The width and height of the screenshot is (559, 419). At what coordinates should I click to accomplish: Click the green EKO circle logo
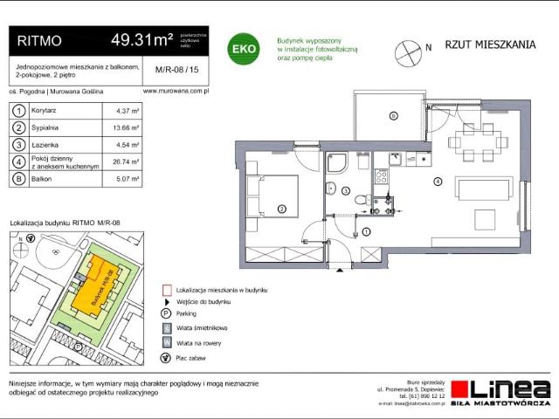point(243,50)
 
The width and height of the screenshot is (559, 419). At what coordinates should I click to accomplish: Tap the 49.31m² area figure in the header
point(139,39)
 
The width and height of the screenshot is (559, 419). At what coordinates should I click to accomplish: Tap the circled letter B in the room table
point(17,180)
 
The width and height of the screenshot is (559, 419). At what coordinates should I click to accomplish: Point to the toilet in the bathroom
point(361,201)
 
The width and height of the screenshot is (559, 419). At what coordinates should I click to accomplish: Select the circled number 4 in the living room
point(437,182)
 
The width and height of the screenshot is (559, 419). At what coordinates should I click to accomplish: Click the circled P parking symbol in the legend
point(165,313)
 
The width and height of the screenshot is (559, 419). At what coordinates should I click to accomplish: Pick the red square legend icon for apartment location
point(165,289)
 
